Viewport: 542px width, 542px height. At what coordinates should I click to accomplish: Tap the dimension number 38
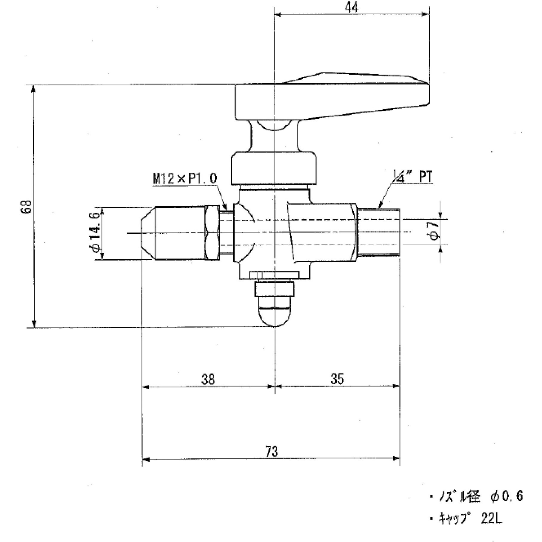coord(208,379)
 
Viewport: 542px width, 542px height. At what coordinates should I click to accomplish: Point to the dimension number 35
coord(337,378)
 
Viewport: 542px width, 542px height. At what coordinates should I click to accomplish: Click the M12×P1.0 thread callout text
coord(185,179)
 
